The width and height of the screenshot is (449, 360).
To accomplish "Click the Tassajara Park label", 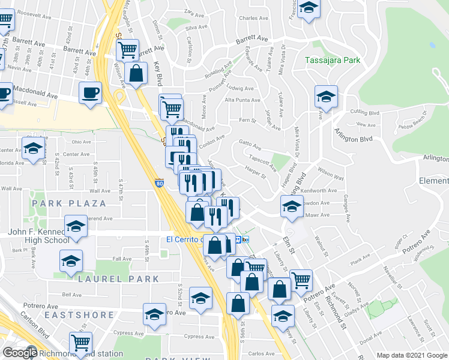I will (332, 60).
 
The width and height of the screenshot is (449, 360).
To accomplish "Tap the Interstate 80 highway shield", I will (159, 182).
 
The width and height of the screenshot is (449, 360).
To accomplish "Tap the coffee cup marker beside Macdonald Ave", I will (90, 93).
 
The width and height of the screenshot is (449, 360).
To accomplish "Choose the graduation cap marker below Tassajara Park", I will (326, 97).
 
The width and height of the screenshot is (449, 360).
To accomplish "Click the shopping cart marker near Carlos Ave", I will (80, 343).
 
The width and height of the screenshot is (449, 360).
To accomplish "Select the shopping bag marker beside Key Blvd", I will (137, 73).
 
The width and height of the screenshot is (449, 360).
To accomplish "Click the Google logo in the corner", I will (19, 353).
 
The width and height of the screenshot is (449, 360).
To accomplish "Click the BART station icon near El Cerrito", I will (238, 239).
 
